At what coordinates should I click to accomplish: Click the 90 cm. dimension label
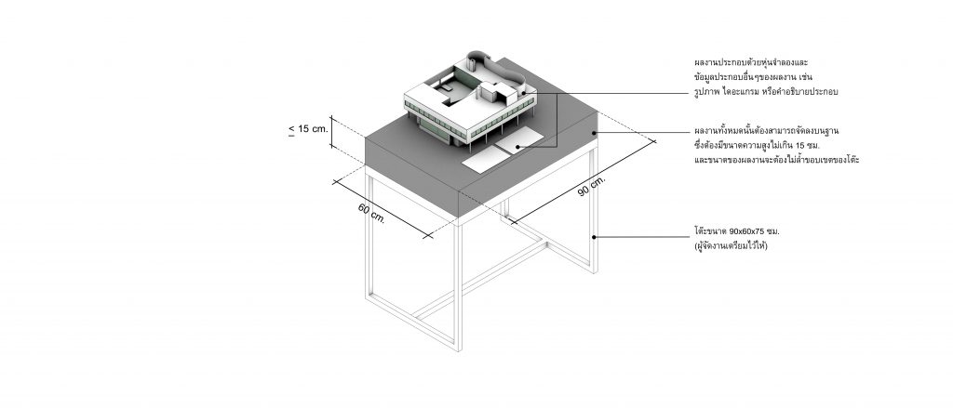click(x=591, y=185)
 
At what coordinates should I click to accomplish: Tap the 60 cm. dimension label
click(x=371, y=213)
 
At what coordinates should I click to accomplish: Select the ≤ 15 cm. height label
click(x=308, y=128)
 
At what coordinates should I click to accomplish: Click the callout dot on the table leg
click(x=594, y=237)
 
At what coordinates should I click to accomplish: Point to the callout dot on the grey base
click(x=594, y=132)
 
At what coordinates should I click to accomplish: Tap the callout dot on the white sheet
click(x=517, y=147)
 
